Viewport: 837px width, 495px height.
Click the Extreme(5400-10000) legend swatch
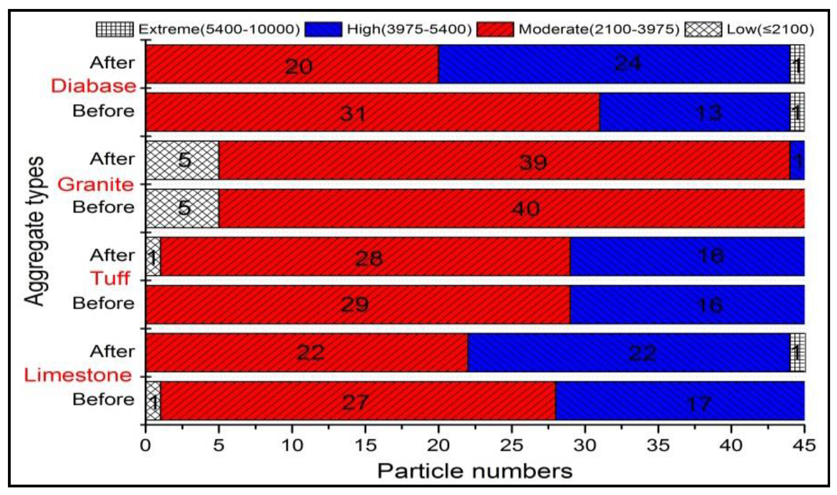115,29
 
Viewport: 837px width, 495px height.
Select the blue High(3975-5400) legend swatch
323,29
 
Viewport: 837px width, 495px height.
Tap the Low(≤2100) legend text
770,29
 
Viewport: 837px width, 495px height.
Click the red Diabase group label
94,86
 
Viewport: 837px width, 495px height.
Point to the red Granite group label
96,184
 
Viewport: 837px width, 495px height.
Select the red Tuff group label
110,278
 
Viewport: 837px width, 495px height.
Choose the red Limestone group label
78,375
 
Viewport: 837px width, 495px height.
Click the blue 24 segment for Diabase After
614,64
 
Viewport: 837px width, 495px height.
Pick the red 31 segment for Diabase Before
372,112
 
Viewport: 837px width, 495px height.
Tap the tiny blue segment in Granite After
797,160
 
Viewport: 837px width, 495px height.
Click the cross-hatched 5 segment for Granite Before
182,208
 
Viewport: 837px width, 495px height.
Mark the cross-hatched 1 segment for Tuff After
153,257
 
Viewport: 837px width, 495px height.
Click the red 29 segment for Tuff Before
357,305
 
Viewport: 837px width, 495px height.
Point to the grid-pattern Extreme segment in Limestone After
798,353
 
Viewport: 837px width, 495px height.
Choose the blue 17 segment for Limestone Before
680,401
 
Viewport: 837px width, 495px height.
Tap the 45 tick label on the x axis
804,446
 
